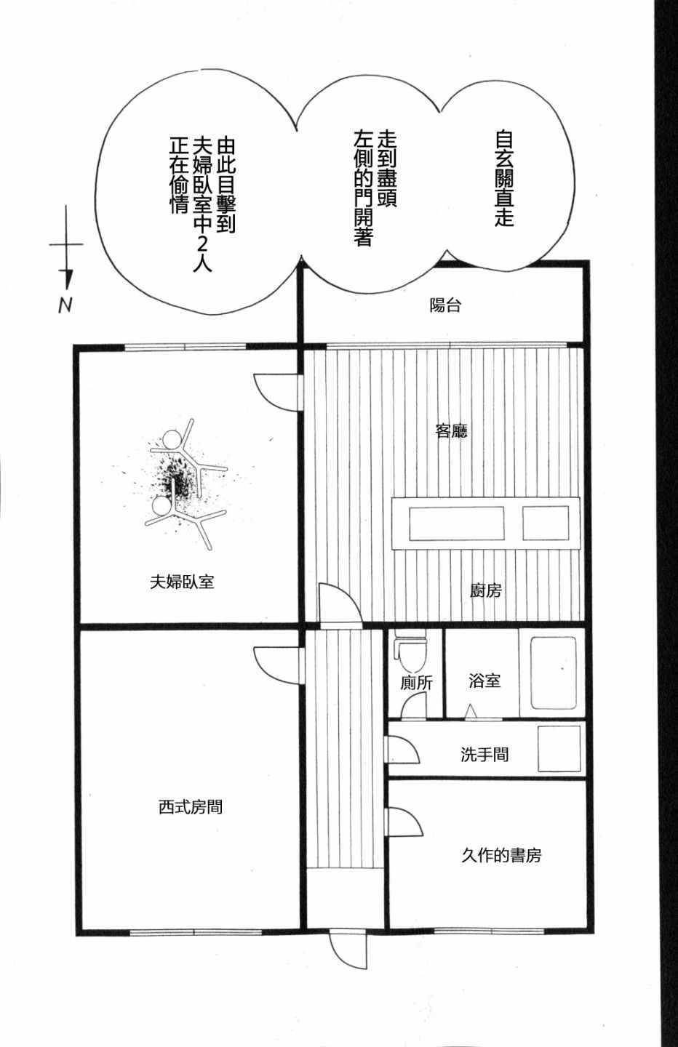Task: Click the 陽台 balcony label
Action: tap(445, 305)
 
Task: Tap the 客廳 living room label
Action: tap(451, 430)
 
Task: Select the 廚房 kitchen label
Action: tap(485, 591)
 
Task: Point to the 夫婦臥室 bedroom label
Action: tap(182, 582)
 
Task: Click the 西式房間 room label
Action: tap(191, 807)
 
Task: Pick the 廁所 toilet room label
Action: tap(416, 683)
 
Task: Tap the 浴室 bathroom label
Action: tap(484, 681)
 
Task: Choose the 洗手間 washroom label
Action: tap(484, 755)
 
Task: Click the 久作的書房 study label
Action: tap(501, 855)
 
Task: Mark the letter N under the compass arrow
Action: tap(65, 305)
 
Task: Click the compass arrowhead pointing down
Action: tap(68, 279)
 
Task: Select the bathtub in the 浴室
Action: tap(553, 673)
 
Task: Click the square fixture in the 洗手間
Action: tap(559, 749)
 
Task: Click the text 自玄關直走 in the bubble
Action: tap(505, 179)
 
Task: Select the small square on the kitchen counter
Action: tap(546, 523)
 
